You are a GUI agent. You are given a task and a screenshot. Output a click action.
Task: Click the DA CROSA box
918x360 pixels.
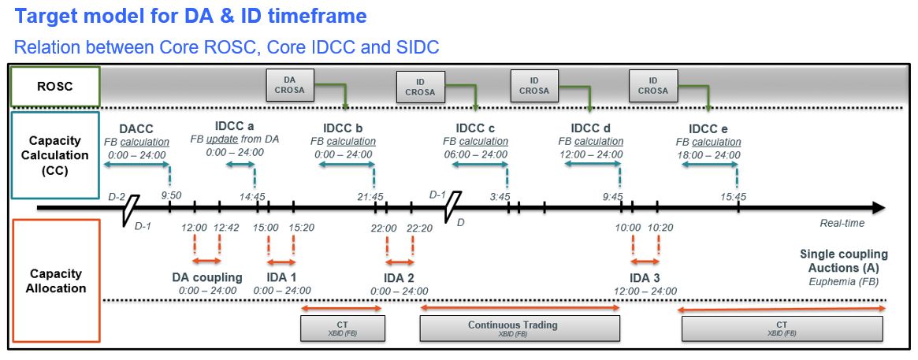pyautogui.click(x=290, y=85)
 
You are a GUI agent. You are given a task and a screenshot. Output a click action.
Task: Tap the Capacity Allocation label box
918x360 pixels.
pyautogui.click(x=56, y=280)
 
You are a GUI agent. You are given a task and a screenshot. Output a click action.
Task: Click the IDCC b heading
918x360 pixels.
pyautogui.click(x=343, y=128)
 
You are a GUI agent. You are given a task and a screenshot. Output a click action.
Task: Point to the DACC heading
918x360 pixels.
pyautogui.click(x=136, y=128)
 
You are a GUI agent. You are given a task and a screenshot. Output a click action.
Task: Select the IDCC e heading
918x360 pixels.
pyautogui.click(x=708, y=128)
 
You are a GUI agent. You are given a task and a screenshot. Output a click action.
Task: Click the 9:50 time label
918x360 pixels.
pyautogui.click(x=170, y=196)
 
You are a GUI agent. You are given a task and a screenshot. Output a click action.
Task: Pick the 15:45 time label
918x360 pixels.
pyautogui.click(x=732, y=196)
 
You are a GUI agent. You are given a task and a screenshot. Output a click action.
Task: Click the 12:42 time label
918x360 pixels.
pyautogui.click(x=221, y=228)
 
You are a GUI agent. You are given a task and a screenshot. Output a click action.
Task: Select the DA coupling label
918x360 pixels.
pyautogui.click(x=207, y=277)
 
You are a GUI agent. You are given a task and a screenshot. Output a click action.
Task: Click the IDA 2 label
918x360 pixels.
pyautogui.click(x=400, y=277)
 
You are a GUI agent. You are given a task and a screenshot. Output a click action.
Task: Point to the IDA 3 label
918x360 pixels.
pyautogui.click(x=645, y=277)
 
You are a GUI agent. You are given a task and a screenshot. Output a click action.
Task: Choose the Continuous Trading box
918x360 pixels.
pyautogui.click(x=512, y=328)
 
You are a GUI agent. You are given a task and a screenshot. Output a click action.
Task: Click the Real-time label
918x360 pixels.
pyautogui.click(x=842, y=223)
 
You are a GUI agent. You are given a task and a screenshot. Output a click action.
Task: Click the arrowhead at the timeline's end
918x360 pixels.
pyautogui.click(x=878, y=208)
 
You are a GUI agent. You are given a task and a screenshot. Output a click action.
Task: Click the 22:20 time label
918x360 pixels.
pyautogui.click(x=420, y=228)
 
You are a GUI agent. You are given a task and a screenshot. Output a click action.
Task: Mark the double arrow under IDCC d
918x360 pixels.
pyautogui.click(x=590, y=164)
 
